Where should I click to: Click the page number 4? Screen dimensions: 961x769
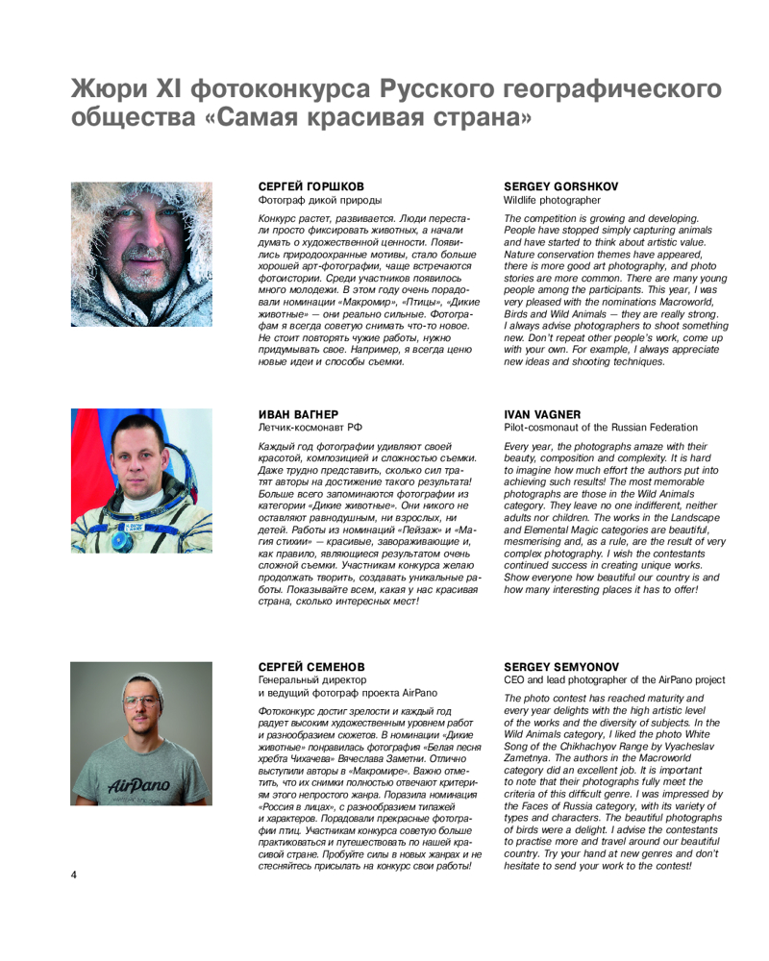pyautogui.click(x=73, y=874)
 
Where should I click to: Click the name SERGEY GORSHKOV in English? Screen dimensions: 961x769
pyautogui.click(x=560, y=186)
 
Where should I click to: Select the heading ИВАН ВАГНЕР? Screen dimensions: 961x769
pyautogui.click(x=298, y=414)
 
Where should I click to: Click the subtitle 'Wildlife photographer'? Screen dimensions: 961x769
pyautogui.click(x=552, y=200)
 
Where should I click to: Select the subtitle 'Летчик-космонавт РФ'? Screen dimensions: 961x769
pyautogui.click(x=310, y=427)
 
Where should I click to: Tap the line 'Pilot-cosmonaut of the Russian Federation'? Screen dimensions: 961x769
pyautogui.click(x=601, y=427)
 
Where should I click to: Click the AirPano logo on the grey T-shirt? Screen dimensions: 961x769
pyautogui.click(x=138, y=785)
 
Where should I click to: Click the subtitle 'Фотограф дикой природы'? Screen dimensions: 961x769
pyautogui.click(x=320, y=200)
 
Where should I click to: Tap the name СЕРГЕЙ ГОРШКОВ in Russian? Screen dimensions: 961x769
pyautogui.click(x=311, y=186)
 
